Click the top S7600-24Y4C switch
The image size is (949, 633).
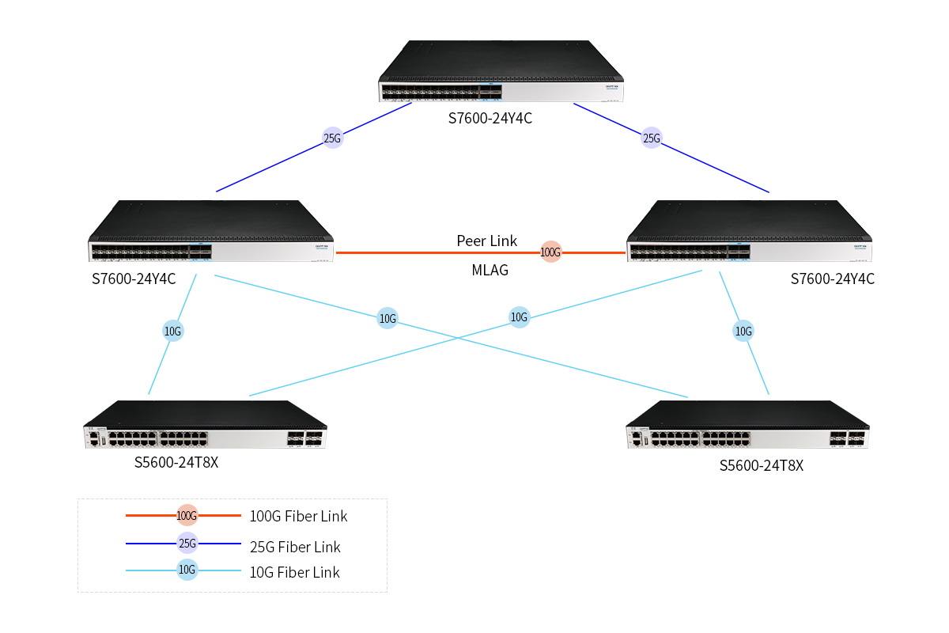tap(501, 73)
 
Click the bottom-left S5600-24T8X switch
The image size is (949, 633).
tap(206, 427)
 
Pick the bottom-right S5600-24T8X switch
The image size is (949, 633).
tap(748, 427)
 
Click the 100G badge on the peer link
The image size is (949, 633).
tap(550, 253)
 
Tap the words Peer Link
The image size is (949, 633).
tap(487, 241)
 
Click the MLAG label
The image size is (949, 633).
tap(490, 271)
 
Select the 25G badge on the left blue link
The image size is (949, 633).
tap(333, 138)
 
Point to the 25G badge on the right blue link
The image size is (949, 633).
tap(651, 138)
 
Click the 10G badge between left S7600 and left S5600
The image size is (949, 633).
tap(173, 332)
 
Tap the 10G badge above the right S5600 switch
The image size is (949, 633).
tap(743, 332)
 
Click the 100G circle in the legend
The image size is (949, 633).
tap(187, 516)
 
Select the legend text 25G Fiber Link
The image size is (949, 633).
tap(295, 547)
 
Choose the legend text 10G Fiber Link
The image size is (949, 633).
tap(294, 572)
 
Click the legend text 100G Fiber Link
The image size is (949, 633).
tap(298, 517)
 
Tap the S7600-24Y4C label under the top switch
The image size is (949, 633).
tap(490, 119)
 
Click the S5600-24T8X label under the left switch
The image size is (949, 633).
tap(176, 462)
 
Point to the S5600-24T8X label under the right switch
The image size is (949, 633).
tap(761, 466)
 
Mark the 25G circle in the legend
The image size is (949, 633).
tap(187, 544)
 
